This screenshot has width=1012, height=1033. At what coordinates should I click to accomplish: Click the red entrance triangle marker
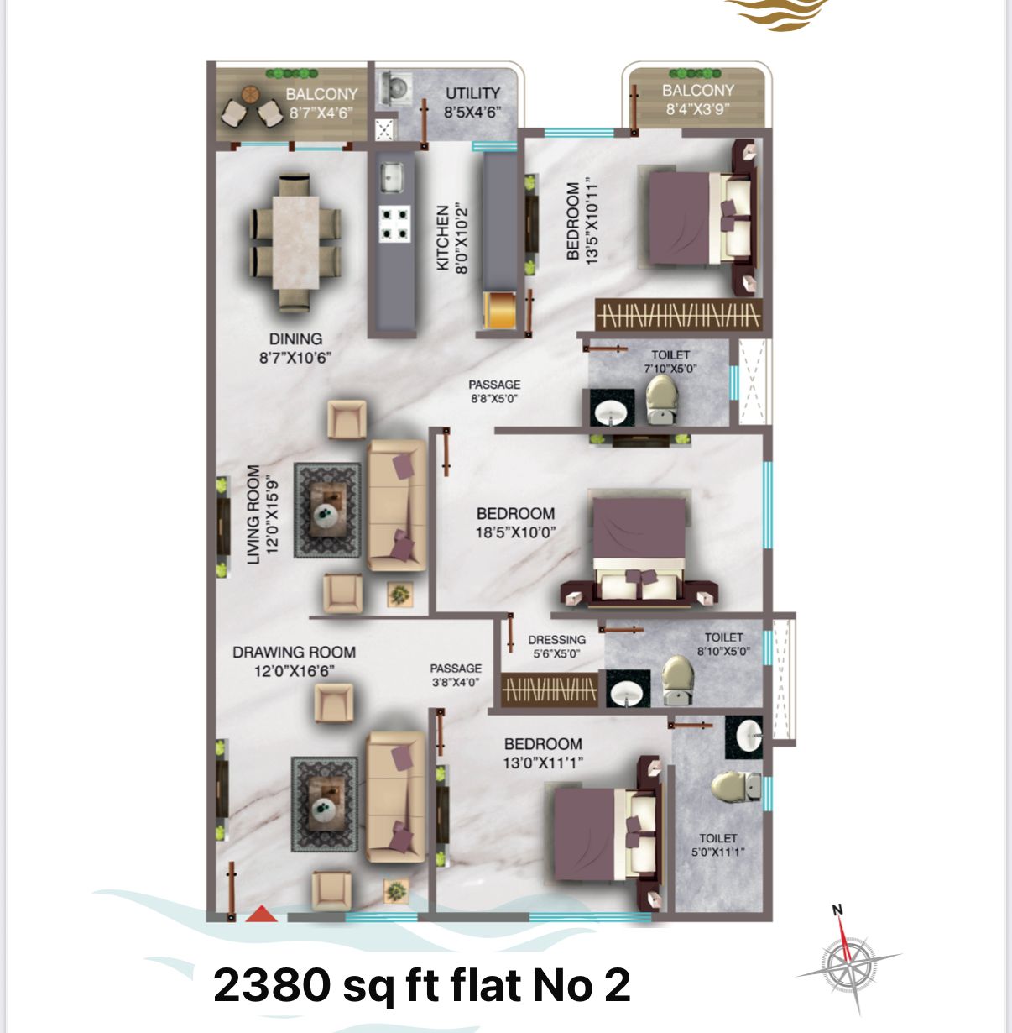pyautogui.click(x=262, y=914)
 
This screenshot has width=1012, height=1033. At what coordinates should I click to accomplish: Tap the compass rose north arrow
pyautogui.click(x=843, y=931)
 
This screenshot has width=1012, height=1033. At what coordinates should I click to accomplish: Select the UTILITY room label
pyautogui.click(x=472, y=93)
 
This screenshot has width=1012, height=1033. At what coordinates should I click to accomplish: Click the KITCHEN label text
pyautogui.click(x=442, y=238)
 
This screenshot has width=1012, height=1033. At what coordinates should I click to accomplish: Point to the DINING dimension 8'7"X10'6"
pyautogui.click(x=295, y=358)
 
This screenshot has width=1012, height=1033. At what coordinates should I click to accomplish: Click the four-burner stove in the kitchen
pyautogui.click(x=395, y=223)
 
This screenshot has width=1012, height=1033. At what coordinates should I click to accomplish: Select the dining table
pyautogui.click(x=295, y=243)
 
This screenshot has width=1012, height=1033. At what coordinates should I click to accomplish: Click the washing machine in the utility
pyautogui.click(x=395, y=88)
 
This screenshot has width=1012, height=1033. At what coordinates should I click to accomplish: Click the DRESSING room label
pyautogui.click(x=556, y=640)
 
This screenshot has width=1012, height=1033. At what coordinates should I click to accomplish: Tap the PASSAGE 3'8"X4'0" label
pyautogui.click(x=456, y=675)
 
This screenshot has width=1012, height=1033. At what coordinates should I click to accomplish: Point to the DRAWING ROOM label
pyautogui.click(x=294, y=653)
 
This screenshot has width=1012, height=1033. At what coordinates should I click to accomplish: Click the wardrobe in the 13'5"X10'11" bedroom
pyautogui.click(x=678, y=315)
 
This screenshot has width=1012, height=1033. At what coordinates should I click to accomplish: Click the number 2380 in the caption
pyautogui.click(x=271, y=984)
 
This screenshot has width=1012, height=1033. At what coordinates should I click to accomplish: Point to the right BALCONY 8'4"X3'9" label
pyautogui.click(x=697, y=100)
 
